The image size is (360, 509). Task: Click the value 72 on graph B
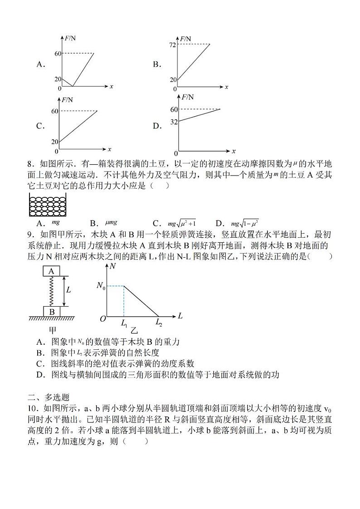pyautogui.click(x=172, y=44)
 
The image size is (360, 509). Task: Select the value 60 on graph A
pyautogui.click(x=57, y=54)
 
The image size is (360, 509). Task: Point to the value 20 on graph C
pyautogui.click(x=55, y=142)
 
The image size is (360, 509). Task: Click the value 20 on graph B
pyautogui.click(x=173, y=79)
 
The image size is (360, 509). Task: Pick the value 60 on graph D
pyautogui.click(x=173, y=109)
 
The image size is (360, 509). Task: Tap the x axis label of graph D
pyautogui.click(x=234, y=151)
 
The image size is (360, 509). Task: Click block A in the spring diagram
pyautogui.click(x=52, y=271)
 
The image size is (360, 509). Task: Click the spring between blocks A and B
pyautogui.click(x=52, y=291)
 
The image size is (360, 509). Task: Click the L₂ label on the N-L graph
pyautogui.click(x=159, y=323)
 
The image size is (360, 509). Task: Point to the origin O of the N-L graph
pyautogui.click(x=103, y=319)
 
